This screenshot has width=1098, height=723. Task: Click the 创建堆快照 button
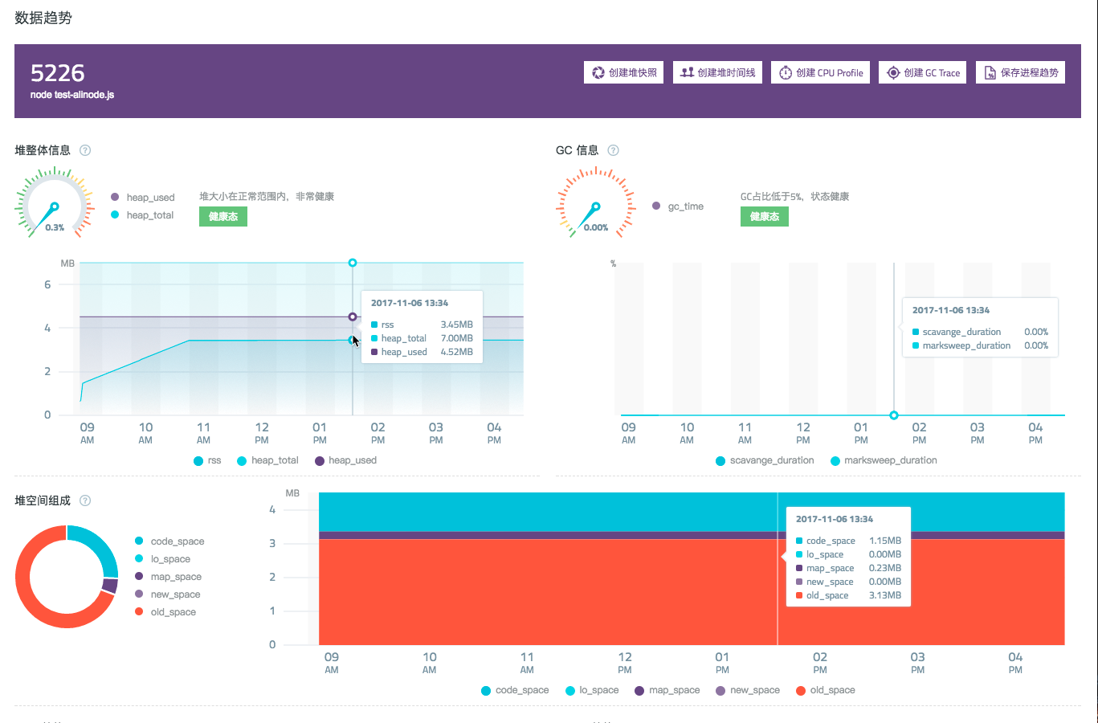pyautogui.click(x=623, y=72)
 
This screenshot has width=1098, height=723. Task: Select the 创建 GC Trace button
pyautogui.click(x=923, y=72)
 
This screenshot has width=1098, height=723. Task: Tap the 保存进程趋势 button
pyautogui.click(x=1021, y=72)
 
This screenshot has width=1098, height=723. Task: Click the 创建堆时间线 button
pyautogui.click(x=717, y=72)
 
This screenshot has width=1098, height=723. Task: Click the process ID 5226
pyautogui.click(x=57, y=73)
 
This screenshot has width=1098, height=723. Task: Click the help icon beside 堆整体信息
pyautogui.click(x=85, y=150)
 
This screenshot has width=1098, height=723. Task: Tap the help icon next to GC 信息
pyautogui.click(x=613, y=150)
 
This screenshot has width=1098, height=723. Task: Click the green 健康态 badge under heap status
pyautogui.click(x=222, y=217)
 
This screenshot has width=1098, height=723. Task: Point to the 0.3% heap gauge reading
pyautogui.click(x=55, y=227)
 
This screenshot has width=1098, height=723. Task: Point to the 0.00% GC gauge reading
pyautogui.click(x=596, y=227)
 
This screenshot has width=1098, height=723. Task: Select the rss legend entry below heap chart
pyautogui.click(x=207, y=460)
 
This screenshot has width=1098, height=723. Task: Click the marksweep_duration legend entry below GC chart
pyautogui.click(x=884, y=460)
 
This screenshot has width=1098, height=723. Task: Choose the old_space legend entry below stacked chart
pyautogui.click(x=825, y=690)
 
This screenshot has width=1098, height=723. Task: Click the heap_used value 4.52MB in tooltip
pyautogui.click(x=456, y=352)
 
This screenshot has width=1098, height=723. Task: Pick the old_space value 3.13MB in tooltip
pyautogui.click(x=884, y=595)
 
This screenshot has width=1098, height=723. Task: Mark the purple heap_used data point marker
pyautogui.click(x=353, y=317)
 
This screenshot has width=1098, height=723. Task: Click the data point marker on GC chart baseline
pyautogui.click(x=894, y=415)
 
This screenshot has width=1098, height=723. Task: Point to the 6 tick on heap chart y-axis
pyautogui.click(x=47, y=284)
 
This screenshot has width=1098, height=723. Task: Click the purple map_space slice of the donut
pyautogui.click(x=110, y=586)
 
